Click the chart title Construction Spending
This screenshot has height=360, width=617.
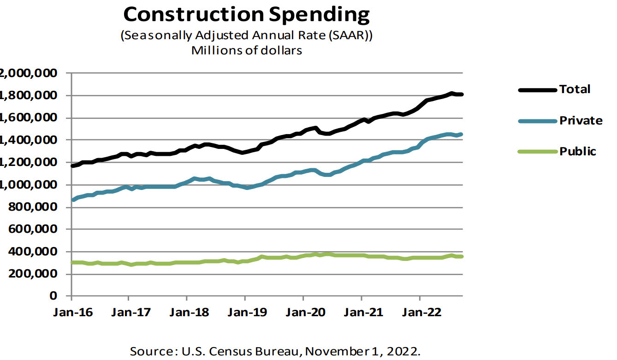pyautogui.click(x=246, y=15)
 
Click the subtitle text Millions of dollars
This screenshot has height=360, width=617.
pyautogui.click(x=247, y=50)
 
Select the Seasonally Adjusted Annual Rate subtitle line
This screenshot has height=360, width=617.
pyautogui.click(x=246, y=36)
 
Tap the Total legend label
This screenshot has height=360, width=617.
pyautogui.click(x=575, y=89)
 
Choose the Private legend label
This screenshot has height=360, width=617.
pyautogui.click(x=581, y=120)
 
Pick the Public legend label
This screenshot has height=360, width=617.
pyautogui.click(x=578, y=151)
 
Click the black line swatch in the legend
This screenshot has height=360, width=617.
pyautogui.click(x=538, y=89)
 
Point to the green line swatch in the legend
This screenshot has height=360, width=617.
pyautogui.click(x=538, y=152)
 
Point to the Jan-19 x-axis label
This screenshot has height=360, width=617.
pyautogui.click(x=245, y=312)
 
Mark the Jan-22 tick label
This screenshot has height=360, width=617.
pyautogui.click(x=419, y=312)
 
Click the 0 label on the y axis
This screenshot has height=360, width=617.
pyautogui.click(x=53, y=296)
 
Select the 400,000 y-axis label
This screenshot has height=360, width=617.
pyautogui.click(x=29, y=252)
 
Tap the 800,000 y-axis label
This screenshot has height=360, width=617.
pyautogui.click(x=29, y=207)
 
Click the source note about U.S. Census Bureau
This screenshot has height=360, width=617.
pyautogui.click(x=275, y=351)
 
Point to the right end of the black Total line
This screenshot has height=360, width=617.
pyautogui.click(x=461, y=94)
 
